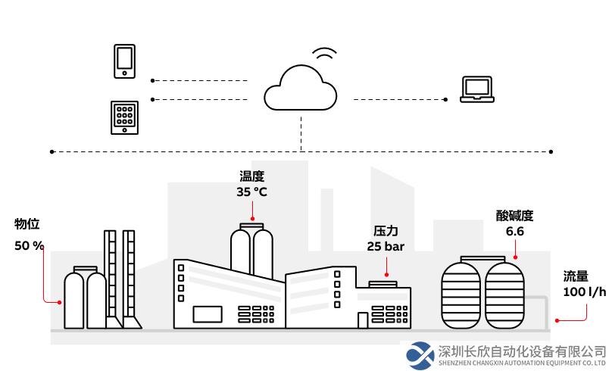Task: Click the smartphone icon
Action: click(x=124, y=61)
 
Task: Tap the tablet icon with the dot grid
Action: click(x=124, y=118)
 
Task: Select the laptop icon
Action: click(x=477, y=89)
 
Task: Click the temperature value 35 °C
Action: click(x=251, y=192)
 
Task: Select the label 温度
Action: click(x=251, y=176)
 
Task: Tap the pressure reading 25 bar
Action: click(x=386, y=247)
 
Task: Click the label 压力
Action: click(x=386, y=231)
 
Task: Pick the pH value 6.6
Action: click(x=515, y=232)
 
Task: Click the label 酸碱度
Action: click(x=514, y=216)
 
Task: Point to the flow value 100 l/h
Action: click(x=584, y=291)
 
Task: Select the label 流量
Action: click(x=576, y=276)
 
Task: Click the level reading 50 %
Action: click(x=29, y=246)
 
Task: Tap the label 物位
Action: click(x=27, y=224)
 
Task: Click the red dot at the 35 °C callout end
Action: click(x=252, y=219)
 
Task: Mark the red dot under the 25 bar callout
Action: click(x=386, y=275)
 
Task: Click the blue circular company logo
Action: click(x=420, y=355)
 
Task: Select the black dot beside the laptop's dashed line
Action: click(x=445, y=99)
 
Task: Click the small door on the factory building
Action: click(x=363, y=320)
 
